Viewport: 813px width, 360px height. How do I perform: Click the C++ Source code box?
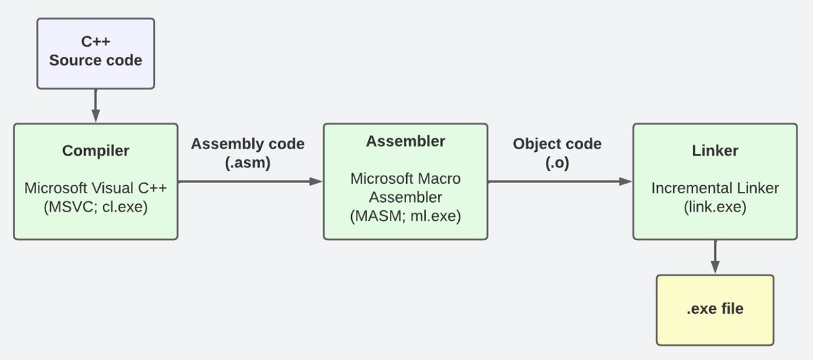(x=95, y=53)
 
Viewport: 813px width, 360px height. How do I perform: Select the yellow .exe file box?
(x=715, y=310)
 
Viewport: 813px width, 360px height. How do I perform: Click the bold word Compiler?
(x=96, y=151)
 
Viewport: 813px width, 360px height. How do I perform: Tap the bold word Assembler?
(x=405, y=142)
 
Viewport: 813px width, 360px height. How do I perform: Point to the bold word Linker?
(x=715, y=151)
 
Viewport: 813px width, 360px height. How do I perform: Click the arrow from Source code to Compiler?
(x=95, y=106)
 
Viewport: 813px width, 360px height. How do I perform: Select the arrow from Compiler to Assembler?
(x=250, y=181)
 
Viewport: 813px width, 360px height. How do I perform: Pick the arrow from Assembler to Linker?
(x=560, y=181)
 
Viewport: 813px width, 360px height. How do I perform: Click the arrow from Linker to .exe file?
(x=715, y=257)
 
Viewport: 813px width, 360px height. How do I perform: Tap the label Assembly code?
(x=247, y=144)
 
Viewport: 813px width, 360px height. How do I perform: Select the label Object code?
(x=557, y=144)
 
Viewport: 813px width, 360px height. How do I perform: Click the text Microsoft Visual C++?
(x=96, y=187)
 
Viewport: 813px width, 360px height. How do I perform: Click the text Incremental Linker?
(x=715, y=187)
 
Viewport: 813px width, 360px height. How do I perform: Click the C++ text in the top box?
(x=96, y=43)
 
